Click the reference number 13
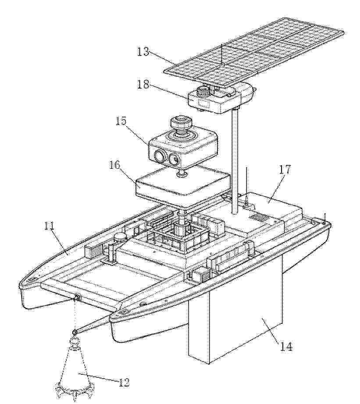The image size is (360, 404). pyautogui.click(x=143, y=52)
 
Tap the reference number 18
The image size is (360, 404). pyautogui.click(x=143, y=84)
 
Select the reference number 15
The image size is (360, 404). pyautogui.click(x=121, y=121)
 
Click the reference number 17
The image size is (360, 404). pyautogui.click(x=284, y=170)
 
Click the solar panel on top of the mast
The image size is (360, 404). pyautogui.click(x=254, y=53)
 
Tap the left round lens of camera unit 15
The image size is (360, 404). pyautogui.click(x=159, y=156)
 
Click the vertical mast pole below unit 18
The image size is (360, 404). pyautogui.click(x=235, y=161)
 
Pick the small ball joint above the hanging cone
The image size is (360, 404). pyautogui.click(x=75, y=332)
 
